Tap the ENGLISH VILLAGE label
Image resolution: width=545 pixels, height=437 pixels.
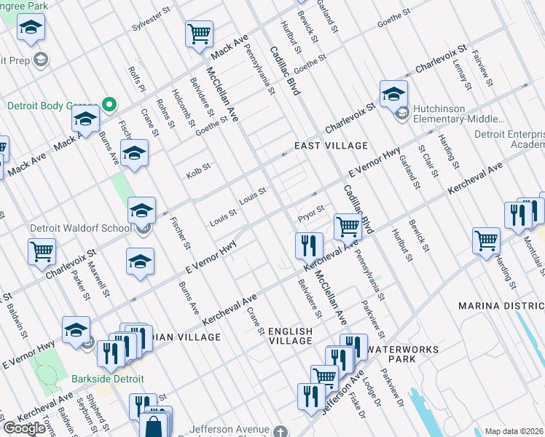pos(290,336)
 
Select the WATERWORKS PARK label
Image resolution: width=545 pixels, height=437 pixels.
pos(403,354)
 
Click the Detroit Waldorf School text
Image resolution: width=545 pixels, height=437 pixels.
pos(80,228)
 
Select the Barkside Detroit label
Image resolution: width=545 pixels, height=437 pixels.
pos(107,379)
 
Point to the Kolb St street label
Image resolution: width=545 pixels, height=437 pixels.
pos(198,169)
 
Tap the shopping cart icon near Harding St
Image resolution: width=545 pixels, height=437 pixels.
pos(485,240)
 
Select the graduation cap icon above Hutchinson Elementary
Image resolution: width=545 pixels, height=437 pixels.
pos(393,92)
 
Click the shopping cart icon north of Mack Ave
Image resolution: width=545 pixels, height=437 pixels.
pos(199,33)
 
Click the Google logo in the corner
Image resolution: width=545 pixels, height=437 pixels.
pos(24,428)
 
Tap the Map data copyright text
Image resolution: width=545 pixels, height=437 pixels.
pos(514,431)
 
